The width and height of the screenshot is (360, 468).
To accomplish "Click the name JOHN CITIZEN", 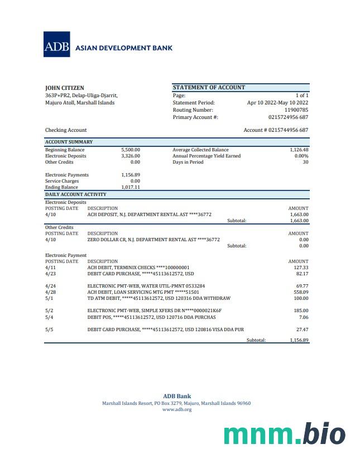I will [x=65, y=88].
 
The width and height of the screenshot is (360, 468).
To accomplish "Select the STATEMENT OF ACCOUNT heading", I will [x=209, y=87].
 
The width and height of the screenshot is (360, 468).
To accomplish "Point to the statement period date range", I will [x=277, y=103].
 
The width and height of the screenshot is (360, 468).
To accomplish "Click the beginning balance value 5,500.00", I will [x=130, y=150].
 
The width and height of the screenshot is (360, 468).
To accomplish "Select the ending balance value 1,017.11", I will [x=130, y=187].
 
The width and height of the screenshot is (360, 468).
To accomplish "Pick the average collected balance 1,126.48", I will [x=299, y=150].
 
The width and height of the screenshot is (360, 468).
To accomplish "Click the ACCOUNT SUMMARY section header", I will [x=69, y=142].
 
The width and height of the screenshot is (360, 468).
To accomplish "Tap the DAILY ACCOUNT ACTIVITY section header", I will [x=75, y=194].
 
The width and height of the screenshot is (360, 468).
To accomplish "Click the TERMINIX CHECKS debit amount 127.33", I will [x=301, y=268].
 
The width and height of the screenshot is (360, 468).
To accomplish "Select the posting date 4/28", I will [x=50, y=292].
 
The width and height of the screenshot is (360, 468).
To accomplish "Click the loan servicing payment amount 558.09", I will [x=301, y=292].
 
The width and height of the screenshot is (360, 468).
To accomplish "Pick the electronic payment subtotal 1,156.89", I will [x=299, y=340].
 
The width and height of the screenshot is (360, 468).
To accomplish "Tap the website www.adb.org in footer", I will [x=176, y=409].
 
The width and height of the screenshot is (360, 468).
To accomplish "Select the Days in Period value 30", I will [x=305, y=162].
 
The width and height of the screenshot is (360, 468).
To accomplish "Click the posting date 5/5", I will [x=49, y=329].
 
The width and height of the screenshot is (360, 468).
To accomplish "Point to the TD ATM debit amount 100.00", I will [x=301, y=298].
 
